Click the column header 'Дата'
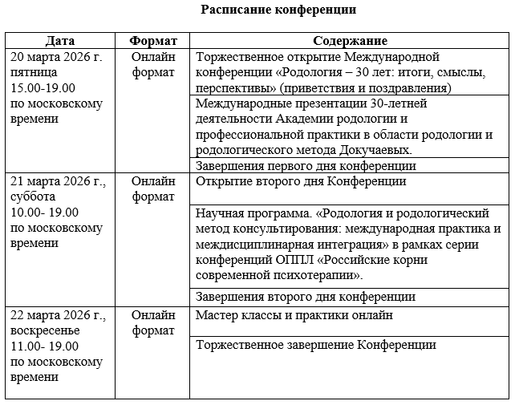(61, 41)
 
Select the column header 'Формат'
(152, 41)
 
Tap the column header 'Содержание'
(350, 41)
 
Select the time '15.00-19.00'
(44, 87)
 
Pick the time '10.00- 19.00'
(46, 212)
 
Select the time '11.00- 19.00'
(46, 346)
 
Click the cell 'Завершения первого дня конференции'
(306, 166)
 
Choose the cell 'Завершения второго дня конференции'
(305, 297)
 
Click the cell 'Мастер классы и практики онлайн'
(294, 315)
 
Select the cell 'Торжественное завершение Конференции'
(316, 345)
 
